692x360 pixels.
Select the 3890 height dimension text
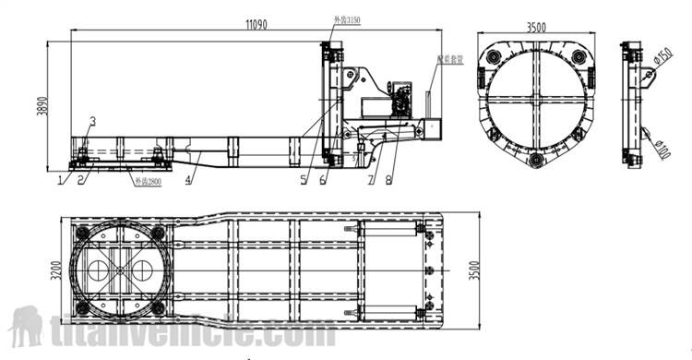coord(40,107)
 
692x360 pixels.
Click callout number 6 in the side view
coord(324,182)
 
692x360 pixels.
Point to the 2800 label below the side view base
coord(147,181)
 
